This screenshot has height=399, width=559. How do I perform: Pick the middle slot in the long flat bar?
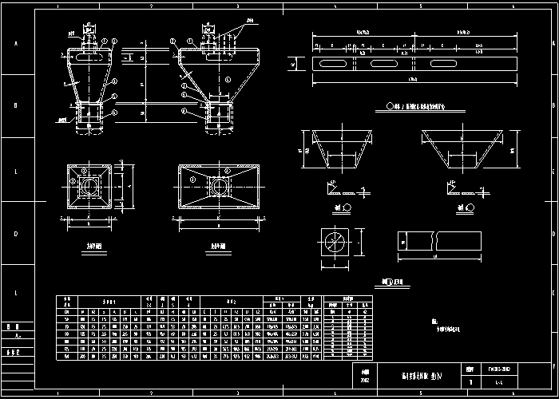(x=385, y=62)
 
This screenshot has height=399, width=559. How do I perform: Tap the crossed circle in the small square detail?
(x=334, y=242)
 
